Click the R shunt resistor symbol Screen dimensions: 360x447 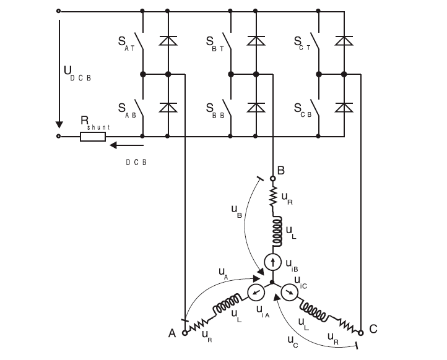coord(92,136)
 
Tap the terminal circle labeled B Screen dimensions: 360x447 coord(272,178)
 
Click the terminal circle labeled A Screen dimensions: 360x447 coord(184,332)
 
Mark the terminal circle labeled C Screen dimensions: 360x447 coord(360,332)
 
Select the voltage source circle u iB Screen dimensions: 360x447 coord(272,262)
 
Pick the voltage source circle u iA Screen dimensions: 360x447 coord(255,292)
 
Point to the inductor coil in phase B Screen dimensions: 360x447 coord(272,229)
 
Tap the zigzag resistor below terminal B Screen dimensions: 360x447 coord(272,197)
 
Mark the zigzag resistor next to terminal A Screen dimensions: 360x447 coord(200,322)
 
